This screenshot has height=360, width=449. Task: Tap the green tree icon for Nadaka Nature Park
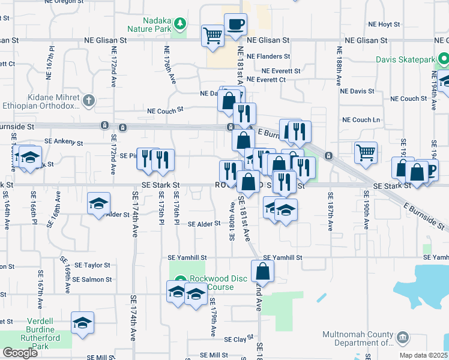(179, 24)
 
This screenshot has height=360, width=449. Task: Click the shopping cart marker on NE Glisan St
(212, 35)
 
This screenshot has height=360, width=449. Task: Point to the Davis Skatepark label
(406, 59)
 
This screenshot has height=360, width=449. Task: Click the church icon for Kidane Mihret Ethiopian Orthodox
(88, 100)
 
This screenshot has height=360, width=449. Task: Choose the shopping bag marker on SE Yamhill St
(263, 271)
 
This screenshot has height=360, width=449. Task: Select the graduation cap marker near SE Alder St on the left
(98, 203)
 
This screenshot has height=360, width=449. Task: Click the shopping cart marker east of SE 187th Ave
(365, 152)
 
